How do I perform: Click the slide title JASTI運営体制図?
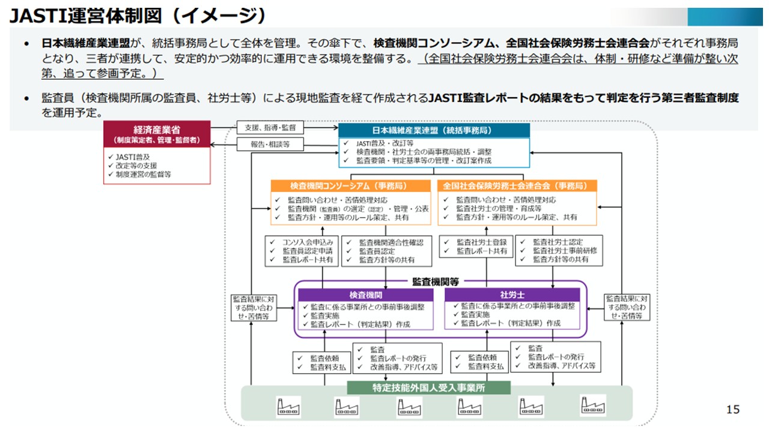point(138,14)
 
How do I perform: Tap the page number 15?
point(732,410)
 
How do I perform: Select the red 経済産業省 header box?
point(157,133)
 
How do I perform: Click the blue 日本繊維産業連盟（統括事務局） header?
point(434,131)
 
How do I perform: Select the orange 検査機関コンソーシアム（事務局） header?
point(351,185)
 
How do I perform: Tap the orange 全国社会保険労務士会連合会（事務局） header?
point(517,185)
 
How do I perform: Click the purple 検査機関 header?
point(366,295)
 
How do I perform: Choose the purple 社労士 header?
point(512,295)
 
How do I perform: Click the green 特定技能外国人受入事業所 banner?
point(429,388)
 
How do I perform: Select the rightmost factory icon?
point(592,406)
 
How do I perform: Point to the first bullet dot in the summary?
point(26,44)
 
